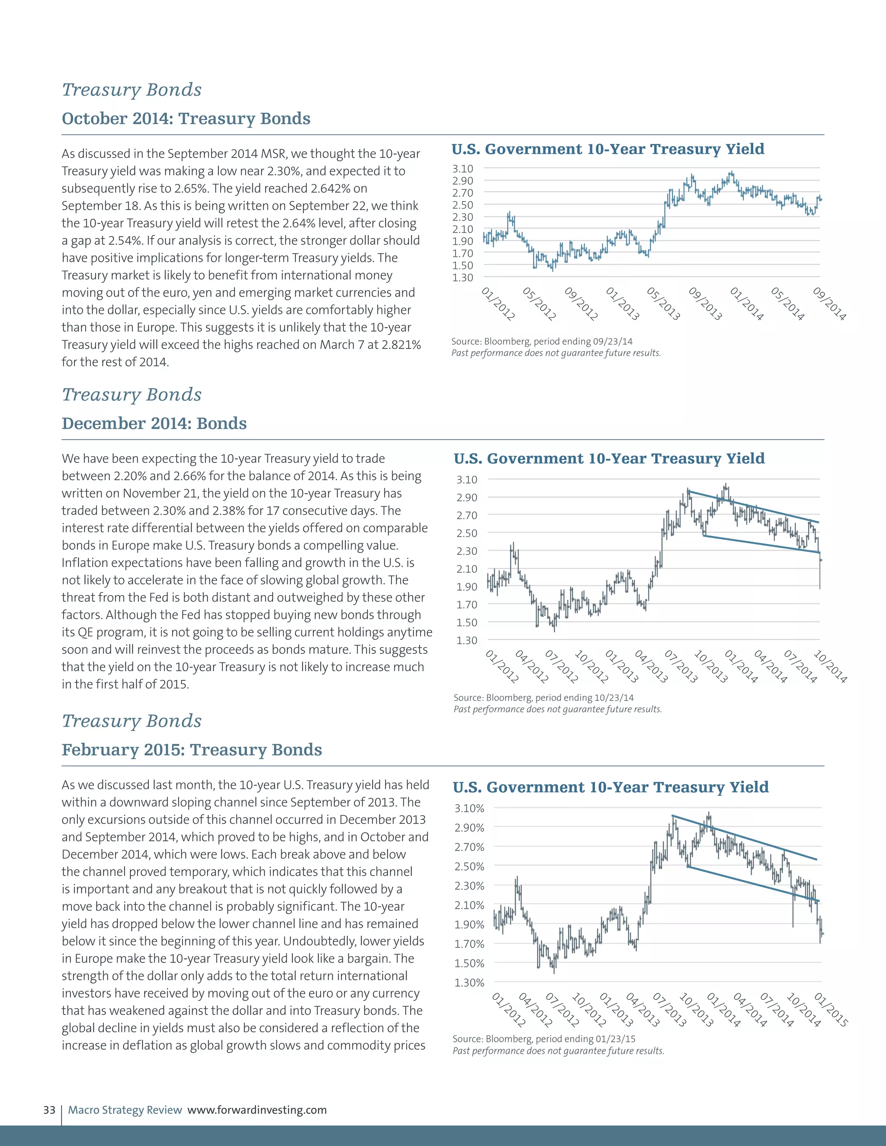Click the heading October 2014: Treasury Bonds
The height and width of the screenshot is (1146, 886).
click(x=186, y=118)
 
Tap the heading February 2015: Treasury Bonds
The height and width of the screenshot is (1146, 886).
click(x=192, y=750)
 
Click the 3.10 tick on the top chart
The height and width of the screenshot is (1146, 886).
click(x=462, y=168)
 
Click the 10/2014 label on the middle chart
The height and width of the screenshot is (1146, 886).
click(x=830, y=666)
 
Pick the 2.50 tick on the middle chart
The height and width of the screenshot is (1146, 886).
click(x=467, y=533)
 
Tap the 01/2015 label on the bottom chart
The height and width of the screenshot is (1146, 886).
click(x=830, y=1010)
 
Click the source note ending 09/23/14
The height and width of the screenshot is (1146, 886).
click(x=542, y=342)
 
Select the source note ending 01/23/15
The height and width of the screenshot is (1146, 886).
click(x=544, y=1039)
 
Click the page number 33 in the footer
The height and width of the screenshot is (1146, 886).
click(x=49, y=1110)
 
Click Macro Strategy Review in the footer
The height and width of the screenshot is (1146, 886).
click(x=125, y=1110)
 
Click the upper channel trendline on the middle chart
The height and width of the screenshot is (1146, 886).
click(x=756, y=506)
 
